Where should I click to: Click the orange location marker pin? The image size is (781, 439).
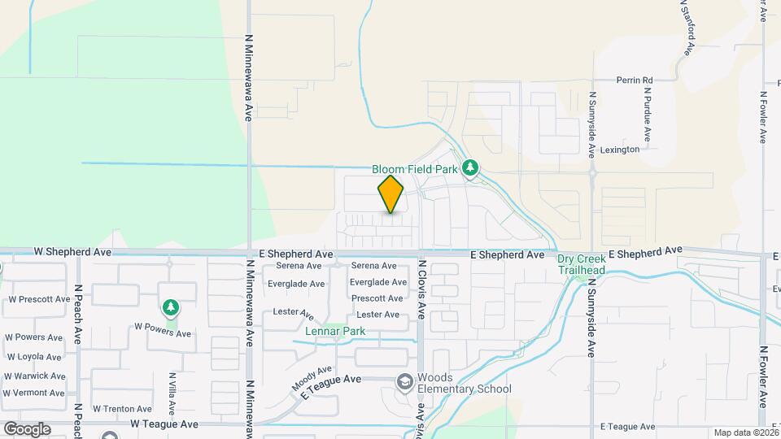tap(391, 194)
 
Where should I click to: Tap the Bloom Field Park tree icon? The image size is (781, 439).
tap(469, 168)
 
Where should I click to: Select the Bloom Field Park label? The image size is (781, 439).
tap(415, 169)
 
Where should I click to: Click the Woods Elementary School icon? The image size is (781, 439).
tap(404, 381)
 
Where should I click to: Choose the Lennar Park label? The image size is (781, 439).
tap(335, 331)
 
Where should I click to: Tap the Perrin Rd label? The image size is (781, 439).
tap(635, 80)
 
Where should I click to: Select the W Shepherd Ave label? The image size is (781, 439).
tap(72, 253)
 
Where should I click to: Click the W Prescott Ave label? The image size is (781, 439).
tap(40, 299)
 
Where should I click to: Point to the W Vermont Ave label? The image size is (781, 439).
tap(34, 393)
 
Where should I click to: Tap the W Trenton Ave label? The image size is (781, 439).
tap(122, 409)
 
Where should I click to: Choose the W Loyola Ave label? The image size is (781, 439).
tap(34, 356)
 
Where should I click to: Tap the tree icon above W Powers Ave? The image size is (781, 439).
tap(170, 307)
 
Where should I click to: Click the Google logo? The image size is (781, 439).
tap(26, 428)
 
